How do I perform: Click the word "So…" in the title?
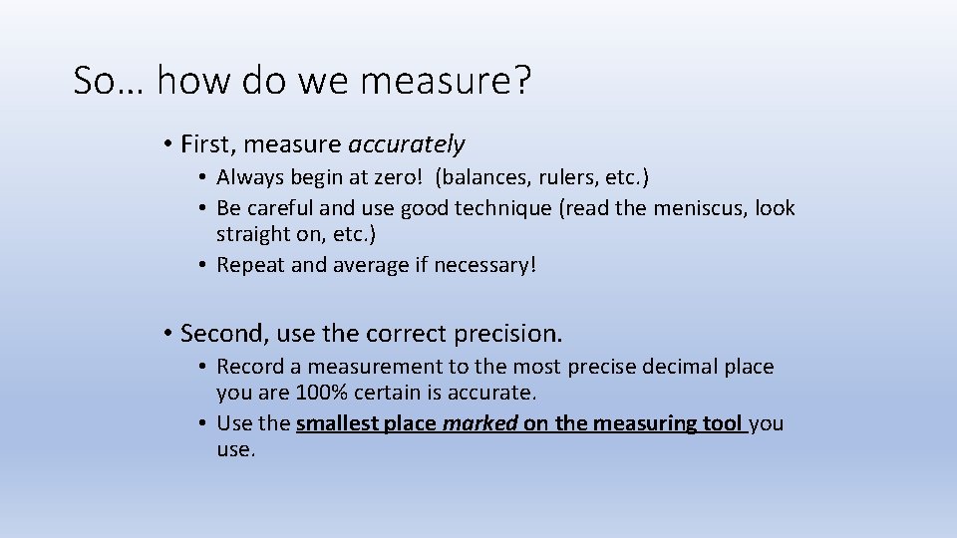tap(109, 81)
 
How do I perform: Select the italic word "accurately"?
tap(407, 145)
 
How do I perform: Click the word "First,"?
tap(208, 145)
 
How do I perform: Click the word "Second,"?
tap(219, 332)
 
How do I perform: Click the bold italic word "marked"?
tap(480, 423)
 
